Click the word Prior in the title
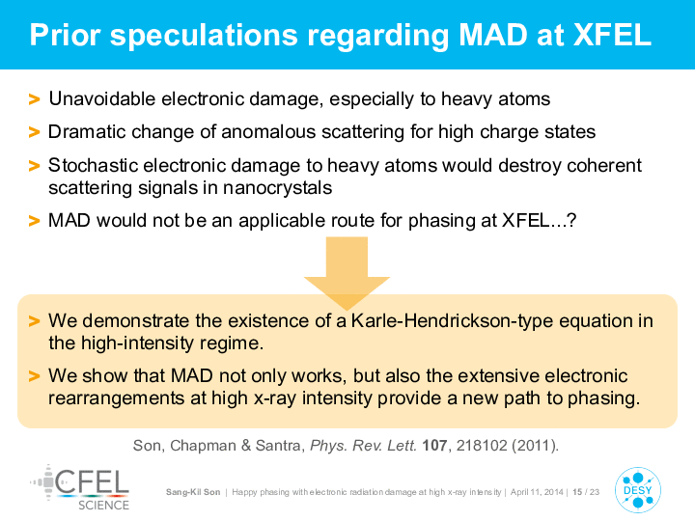(x=66, y=35)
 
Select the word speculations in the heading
(x=204, y=37)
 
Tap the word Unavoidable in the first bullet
(x=101, y=98)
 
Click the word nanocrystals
(x=277, y=188)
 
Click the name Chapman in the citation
(x=203, y=445)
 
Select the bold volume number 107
(x=434, y=445)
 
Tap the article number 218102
(x=482, y=445)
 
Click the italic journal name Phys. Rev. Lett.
(x=364, y=445)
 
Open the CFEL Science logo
(x=80, y=488)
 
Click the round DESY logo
(x=638, y=490)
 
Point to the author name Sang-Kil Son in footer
(x=193, y=492)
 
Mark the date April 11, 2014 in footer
(x=537, y=492)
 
